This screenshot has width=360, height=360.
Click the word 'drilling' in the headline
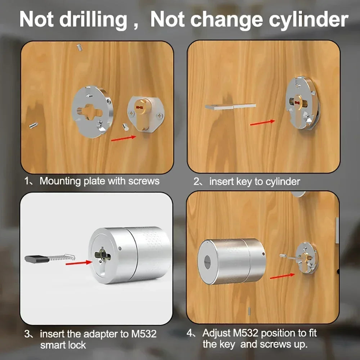(x=93, y=20)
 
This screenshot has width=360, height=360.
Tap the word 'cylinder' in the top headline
(x=309, y=20)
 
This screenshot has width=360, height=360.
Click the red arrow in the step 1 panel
(x=123, y=139)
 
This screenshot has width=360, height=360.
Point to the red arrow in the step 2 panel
(x=263, y=122)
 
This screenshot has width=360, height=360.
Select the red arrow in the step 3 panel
(x=79, y=263)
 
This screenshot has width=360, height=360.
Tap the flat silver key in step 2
(x=230, y=107)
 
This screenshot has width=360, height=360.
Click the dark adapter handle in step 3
(x=37, y=259)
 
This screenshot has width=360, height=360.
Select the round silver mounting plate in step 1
(x=92, y=112)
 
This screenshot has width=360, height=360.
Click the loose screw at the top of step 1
(x=80, y=48)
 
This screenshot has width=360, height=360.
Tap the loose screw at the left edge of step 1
(x=33, y=125)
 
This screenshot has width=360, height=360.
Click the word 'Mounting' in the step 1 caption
(x=60, y=181)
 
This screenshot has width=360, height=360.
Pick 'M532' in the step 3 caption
(x=144, y=334)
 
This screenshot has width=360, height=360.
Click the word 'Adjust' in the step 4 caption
(x=216, y=333)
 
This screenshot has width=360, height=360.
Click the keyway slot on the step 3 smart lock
(x=102, y=255)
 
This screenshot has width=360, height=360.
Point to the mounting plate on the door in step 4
(x=307, y=258)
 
